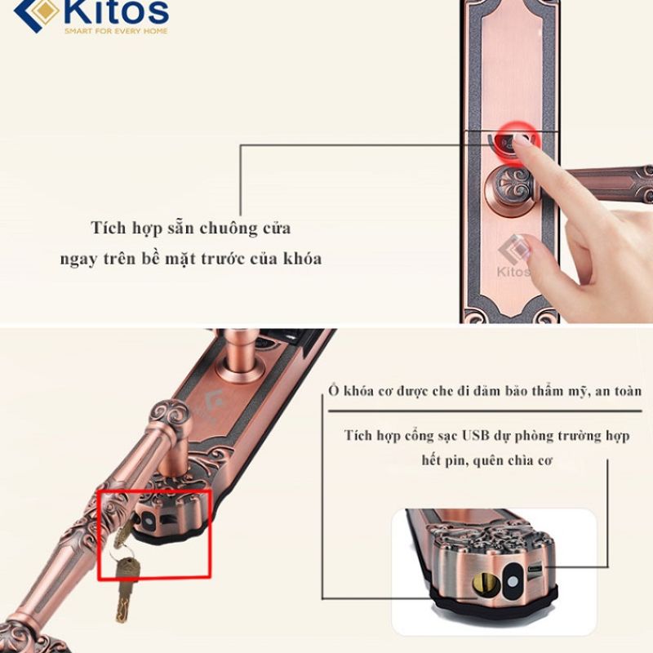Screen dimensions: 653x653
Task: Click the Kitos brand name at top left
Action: pyautogui.click(x=117, y=11)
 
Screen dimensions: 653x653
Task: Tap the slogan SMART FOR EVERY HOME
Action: pyautogui.click(x=116, y=31)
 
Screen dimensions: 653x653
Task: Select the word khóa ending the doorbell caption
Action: pyautogui.click(x=303, y=259)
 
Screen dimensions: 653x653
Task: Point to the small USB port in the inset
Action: pyautogui.click(x=535, y=568)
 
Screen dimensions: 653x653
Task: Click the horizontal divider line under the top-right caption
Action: pyautogui.click(x=485, y=411)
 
